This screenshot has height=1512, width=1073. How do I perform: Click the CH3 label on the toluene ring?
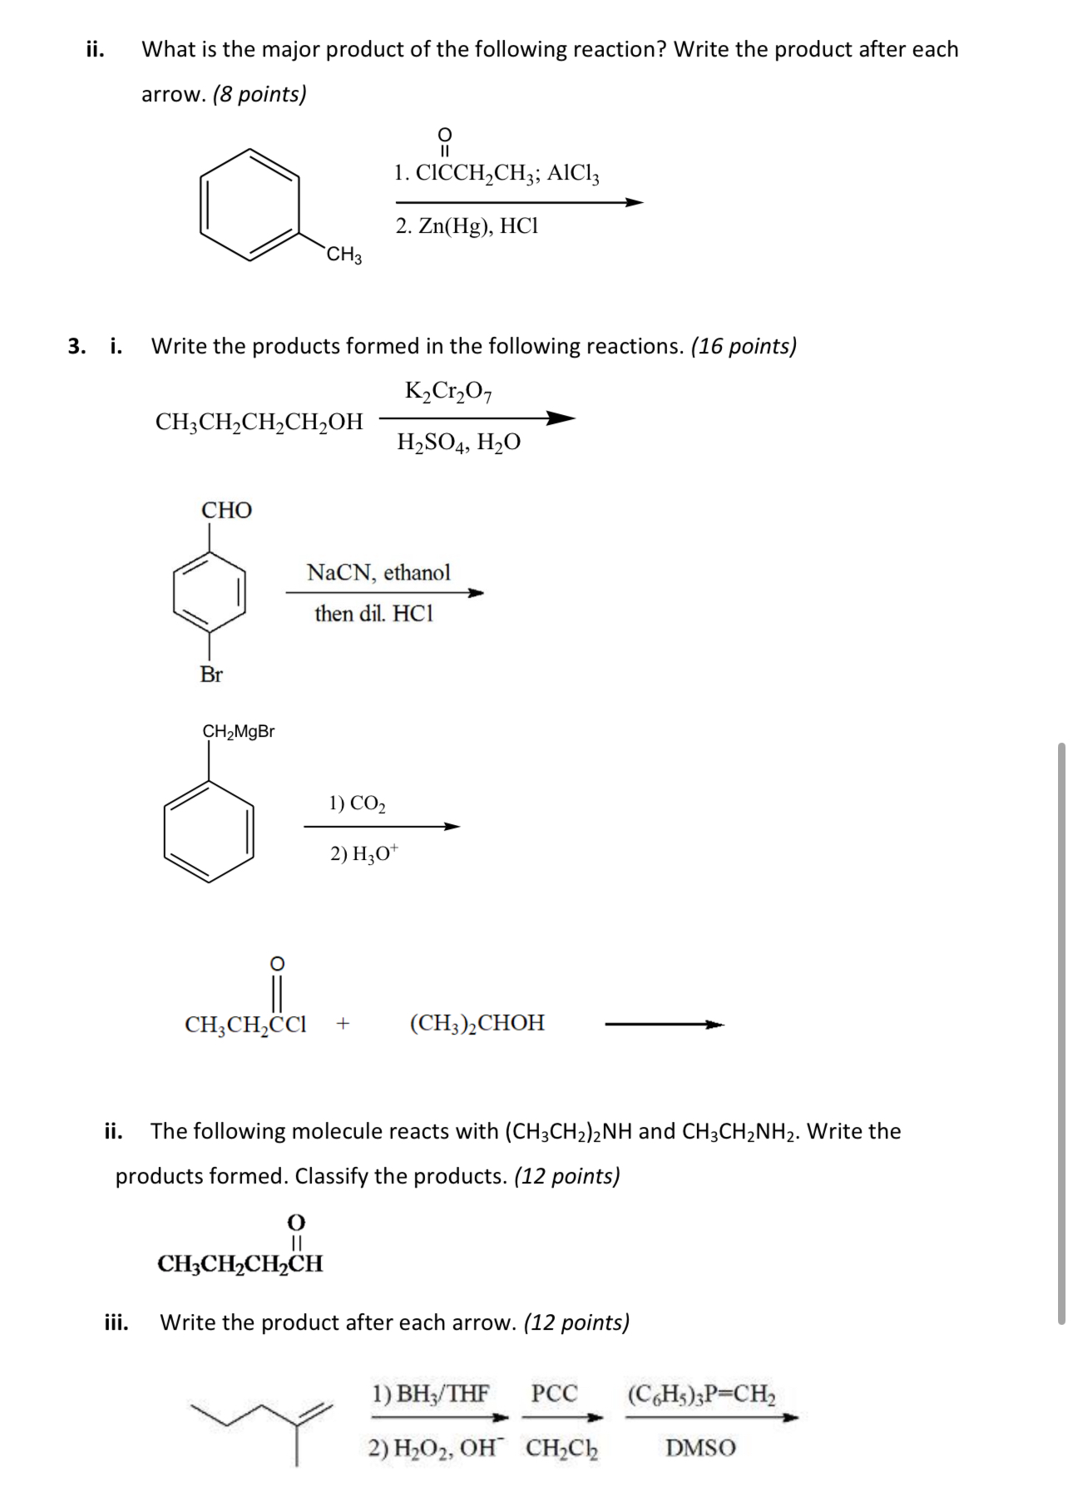(x=344, y=254)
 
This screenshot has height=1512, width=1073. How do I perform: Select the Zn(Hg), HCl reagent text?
(x=467, y=226)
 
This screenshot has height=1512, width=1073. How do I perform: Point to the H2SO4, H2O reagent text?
(x=458, y=442)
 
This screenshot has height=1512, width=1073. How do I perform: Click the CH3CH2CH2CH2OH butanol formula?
(x=259, y=422)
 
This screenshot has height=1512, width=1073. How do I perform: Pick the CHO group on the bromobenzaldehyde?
(x=226, y=510)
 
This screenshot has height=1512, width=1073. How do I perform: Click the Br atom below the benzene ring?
(x=211, y=674)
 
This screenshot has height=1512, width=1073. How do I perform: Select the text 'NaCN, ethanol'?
(x=378, y=572)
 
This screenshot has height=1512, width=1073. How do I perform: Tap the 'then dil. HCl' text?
(x=373, y=614)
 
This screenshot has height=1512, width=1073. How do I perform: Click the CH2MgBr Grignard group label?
(x=239, y=732)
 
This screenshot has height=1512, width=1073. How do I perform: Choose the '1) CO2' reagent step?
(x=357, y=803)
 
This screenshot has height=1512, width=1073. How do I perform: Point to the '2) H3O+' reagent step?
(x=364, y=853)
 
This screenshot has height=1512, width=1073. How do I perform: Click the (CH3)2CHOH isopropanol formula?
(x=477, y=1023)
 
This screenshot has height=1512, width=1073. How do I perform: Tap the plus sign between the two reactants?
(x=343, y=1024)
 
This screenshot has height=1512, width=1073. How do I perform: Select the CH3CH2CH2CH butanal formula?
(x=240, y=1264)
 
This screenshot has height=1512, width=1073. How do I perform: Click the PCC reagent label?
(x=554, y=1394)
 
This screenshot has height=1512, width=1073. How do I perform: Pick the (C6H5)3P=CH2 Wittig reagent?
(x=701, y=1394)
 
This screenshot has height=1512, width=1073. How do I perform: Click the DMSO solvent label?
(x=700, y=1449)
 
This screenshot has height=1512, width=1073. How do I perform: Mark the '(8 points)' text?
(x=260, y=94)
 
